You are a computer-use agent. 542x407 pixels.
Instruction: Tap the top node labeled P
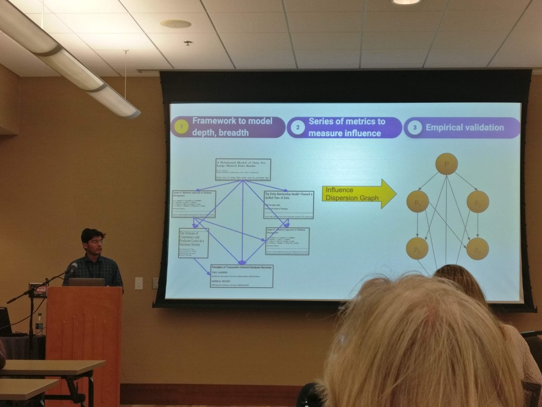446,164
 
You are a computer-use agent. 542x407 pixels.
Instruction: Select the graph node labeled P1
417,201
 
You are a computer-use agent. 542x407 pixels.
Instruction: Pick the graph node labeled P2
477,202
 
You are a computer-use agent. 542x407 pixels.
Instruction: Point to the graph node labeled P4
417,248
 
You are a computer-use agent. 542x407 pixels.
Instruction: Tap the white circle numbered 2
298,128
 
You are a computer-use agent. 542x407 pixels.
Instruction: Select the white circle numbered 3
415,128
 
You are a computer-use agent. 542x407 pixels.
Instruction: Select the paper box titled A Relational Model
243,170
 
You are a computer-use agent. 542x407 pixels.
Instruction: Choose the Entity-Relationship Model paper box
289,204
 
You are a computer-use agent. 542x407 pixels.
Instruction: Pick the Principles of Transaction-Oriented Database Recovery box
242,276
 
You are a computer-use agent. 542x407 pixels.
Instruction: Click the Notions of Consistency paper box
193,243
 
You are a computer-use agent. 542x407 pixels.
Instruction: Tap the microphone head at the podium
72,267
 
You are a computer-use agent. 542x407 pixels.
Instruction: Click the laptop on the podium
87,282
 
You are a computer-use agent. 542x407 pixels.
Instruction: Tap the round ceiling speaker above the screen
176,24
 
